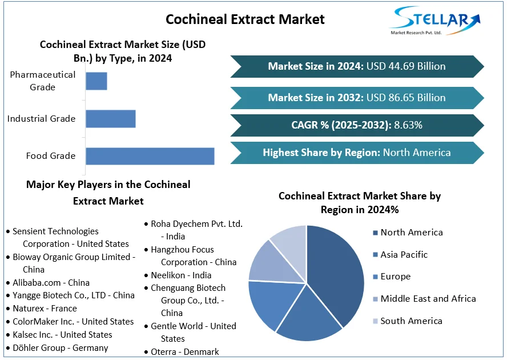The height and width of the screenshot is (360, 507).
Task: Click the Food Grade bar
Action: [150, 156]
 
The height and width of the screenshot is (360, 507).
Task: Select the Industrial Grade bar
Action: [110, 119]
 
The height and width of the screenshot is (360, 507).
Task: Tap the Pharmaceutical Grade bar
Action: [96, 81]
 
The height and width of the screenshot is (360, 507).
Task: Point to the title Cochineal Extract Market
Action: [245, 19]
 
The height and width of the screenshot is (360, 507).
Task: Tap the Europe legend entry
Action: [395, 277]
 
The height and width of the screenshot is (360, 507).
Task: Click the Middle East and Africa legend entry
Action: [428, 298]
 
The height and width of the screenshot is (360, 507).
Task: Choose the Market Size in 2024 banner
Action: [357, 66]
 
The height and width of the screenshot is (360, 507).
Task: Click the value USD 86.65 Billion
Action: [406, 98]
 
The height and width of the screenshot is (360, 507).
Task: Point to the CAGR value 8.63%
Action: [408, 125]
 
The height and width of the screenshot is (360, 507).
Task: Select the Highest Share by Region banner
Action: [357, 153]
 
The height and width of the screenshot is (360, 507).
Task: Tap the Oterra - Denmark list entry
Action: [184, 352]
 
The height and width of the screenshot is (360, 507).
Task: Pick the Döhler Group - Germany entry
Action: [60, 347]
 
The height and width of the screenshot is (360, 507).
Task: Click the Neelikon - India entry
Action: [181, 275]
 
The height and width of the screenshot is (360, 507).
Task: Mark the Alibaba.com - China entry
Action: [51, 282]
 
